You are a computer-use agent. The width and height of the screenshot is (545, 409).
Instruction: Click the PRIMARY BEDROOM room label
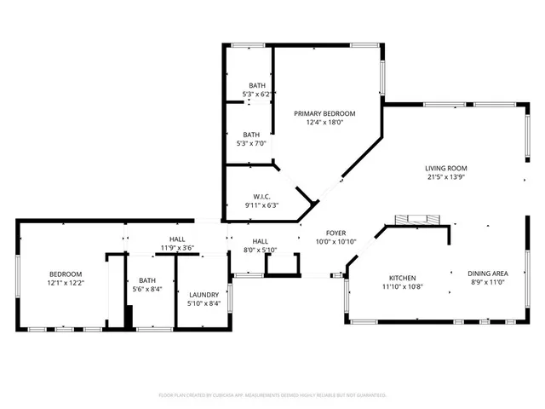pyautogui.click(x=324, y=113)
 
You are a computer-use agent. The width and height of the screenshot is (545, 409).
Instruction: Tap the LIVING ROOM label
pyautogui.click(x=446, y=169)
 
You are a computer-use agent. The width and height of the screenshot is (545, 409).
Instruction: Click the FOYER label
pyautogui.click(x=336, y=233)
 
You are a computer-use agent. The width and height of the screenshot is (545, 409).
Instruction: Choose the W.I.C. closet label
pyautogui.click(x=262, y=196)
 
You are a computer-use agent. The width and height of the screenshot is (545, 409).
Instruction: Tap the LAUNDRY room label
pyautogui.click(x=204, y=295)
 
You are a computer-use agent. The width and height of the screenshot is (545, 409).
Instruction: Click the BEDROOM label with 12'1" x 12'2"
pyautogui.click(x=65, y=274)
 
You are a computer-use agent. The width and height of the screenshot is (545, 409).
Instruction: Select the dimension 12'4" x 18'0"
pyautogui.click(x=324, y=123)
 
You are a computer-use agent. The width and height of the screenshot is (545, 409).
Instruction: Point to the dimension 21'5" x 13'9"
pyautogui.click(x=446, y=178)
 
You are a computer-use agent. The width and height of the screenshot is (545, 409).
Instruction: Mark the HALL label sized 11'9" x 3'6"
pyautogui.click(x=177, y=239)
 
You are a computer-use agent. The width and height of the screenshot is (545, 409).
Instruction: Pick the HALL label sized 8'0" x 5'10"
pyautogui.click(x=260, y=241)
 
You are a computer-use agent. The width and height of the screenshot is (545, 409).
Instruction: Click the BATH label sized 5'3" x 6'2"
pyautogui.click(x=257, y=85)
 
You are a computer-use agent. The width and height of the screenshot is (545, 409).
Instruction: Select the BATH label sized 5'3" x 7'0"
pyautogui.click(x=251, y=135)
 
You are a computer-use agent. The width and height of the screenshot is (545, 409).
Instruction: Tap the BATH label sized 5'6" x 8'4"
pyautogui.click(x=148, y=280)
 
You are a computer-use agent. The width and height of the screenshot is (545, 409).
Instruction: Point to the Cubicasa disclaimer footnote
pyautogui.click(x=272, y=395)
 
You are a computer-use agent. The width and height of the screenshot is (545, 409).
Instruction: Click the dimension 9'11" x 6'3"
pyautogui.click(x=262, y=205)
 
